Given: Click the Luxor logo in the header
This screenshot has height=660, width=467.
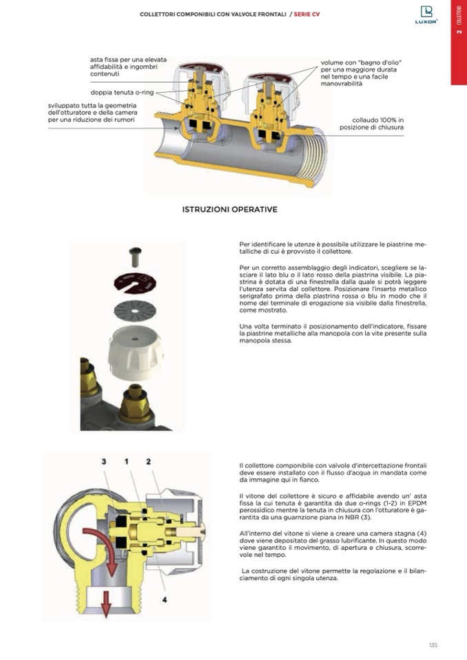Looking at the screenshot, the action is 426,14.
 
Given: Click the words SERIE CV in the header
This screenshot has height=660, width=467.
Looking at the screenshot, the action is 307,14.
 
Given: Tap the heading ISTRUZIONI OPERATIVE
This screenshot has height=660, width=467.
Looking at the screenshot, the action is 229,209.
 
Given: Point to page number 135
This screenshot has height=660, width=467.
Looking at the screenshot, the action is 433,645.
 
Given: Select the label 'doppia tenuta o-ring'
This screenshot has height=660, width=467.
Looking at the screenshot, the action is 122,93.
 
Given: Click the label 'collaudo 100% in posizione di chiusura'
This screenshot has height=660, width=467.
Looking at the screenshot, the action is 371,124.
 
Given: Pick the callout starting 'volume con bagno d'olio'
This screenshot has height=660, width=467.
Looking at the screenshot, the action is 359,73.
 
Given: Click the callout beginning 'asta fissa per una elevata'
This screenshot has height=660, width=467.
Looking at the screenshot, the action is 128,67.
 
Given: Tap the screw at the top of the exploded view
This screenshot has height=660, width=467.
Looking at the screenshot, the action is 135,257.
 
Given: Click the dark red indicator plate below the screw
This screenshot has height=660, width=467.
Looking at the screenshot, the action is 135,284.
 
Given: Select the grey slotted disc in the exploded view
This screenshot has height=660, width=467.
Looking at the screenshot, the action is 135,311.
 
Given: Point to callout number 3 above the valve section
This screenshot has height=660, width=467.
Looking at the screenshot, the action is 103,462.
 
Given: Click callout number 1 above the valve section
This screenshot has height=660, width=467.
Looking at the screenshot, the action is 126,462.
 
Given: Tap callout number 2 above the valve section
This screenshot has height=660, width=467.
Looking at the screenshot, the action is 148,462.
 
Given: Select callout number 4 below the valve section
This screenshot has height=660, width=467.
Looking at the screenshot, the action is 165,599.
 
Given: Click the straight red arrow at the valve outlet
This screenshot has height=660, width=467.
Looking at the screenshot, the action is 106,604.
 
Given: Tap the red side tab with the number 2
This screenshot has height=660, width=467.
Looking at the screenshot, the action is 459,42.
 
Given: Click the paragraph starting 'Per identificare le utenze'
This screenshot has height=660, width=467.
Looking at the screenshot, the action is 333,248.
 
